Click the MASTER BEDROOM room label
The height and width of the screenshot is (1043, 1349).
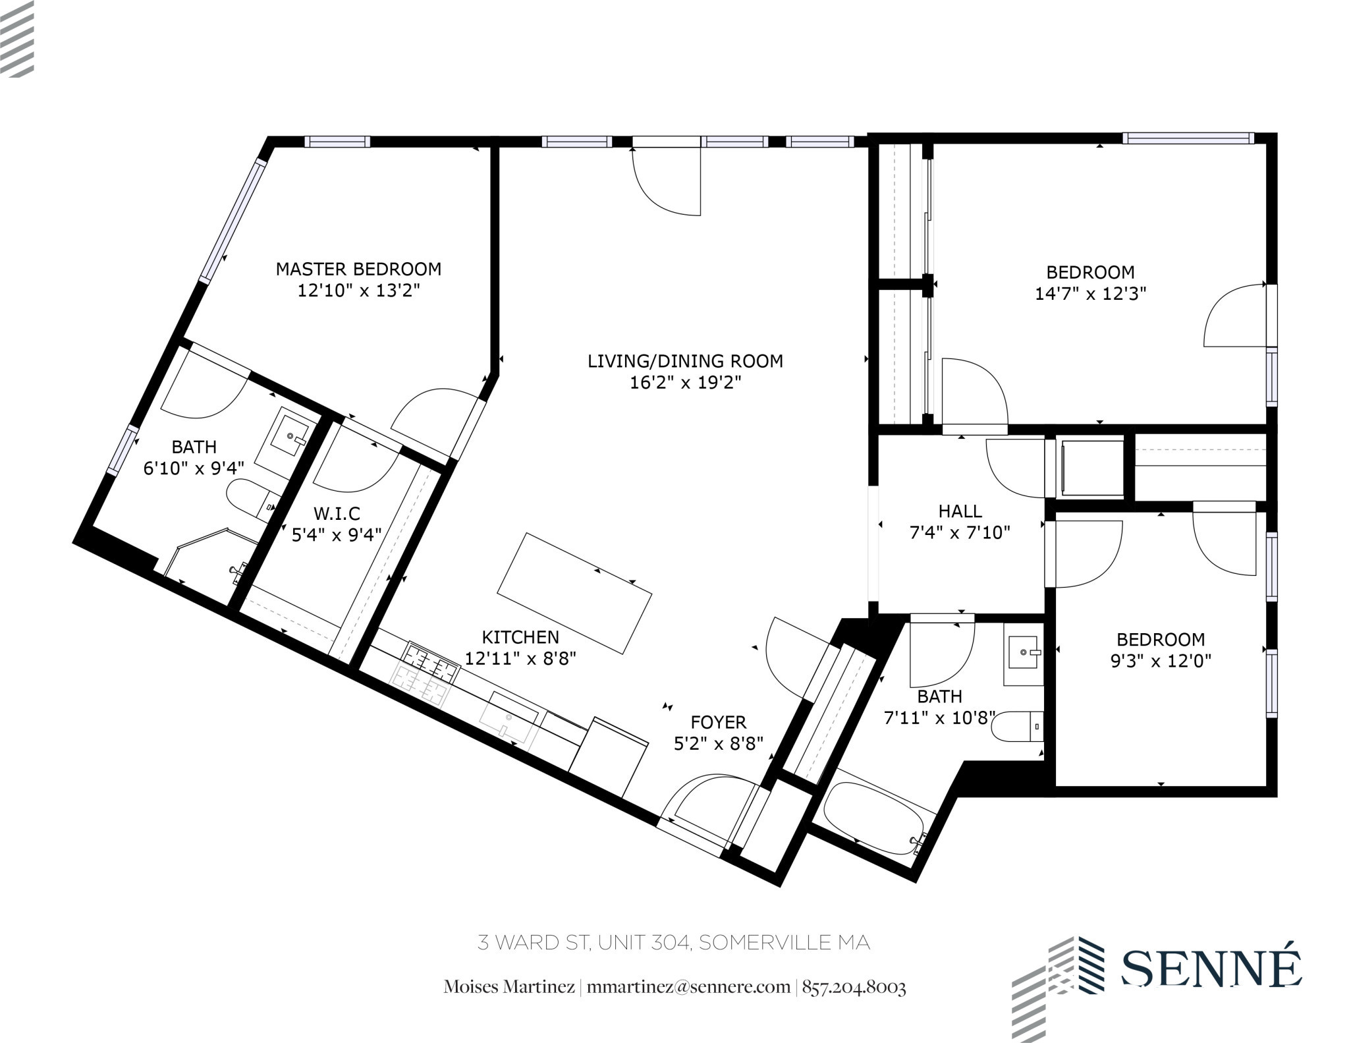(358, 269)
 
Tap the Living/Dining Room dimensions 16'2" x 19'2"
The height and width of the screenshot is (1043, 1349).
(685, 383)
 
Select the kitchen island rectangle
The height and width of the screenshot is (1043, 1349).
(574, 593)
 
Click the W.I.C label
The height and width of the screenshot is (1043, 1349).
(337, 513)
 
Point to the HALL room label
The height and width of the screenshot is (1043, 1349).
(960, 511)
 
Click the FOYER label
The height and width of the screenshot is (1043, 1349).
(718, 722)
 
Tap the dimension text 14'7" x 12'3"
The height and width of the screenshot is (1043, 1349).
(1090, 294)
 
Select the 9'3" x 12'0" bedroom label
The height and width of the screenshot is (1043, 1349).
(1161, 639)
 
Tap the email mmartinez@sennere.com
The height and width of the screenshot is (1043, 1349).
(688, 987)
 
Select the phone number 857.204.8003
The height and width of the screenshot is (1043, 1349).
(854, 987)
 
